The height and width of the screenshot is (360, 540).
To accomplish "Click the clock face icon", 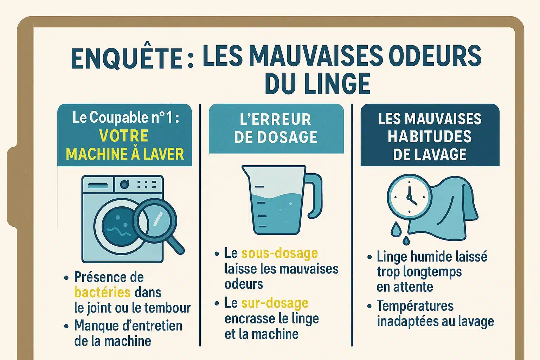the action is click(x=409, y=197).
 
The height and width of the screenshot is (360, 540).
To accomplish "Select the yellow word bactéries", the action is click(x=102, y=292).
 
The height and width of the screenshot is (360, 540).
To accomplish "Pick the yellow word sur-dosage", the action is click(x=275, y=303).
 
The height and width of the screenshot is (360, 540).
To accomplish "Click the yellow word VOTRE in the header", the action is click(x=124, y=135).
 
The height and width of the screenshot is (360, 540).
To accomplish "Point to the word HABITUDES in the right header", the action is click(x=430, y=136).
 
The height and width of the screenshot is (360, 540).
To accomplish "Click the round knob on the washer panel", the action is click(x=124, y=185).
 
